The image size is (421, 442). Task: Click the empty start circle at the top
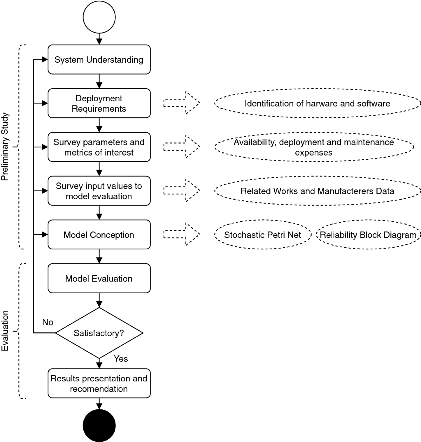[99, 17]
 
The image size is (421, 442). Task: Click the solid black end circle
[99, 426]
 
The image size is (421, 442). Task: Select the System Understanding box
[99, 60]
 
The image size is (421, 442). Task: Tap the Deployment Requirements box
[99, 103]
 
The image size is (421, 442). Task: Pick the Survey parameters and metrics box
[99, 147]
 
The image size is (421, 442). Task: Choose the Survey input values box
[99, 191]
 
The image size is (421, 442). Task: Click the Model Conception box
[99, 235]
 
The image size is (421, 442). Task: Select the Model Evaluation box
[99, 278]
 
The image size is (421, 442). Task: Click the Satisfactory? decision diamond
[99, 333]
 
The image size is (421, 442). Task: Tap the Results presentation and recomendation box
[99, 384]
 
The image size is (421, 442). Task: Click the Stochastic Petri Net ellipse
[262, 235]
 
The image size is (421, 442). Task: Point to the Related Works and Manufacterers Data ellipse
[317, 191]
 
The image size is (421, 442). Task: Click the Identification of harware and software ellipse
[317, 103]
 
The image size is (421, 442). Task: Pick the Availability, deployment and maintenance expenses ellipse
[314, 147]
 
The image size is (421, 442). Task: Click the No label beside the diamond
[48, 322]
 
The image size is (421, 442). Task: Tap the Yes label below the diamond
[121, 359]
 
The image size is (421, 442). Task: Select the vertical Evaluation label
[5, 331]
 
